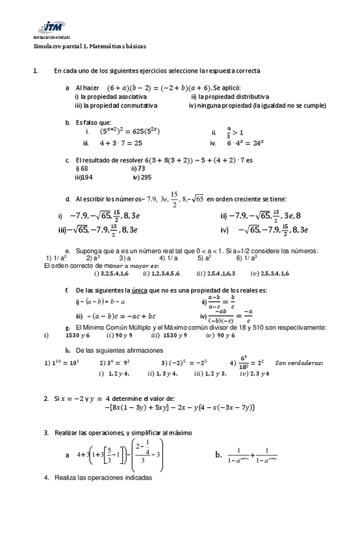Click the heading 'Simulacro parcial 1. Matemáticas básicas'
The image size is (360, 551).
[90, 47]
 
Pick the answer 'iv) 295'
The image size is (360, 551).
[142, 177]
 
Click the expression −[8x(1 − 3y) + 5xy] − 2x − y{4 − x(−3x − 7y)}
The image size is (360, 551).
[180, 407]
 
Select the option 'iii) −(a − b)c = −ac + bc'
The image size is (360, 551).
[116, 316]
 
